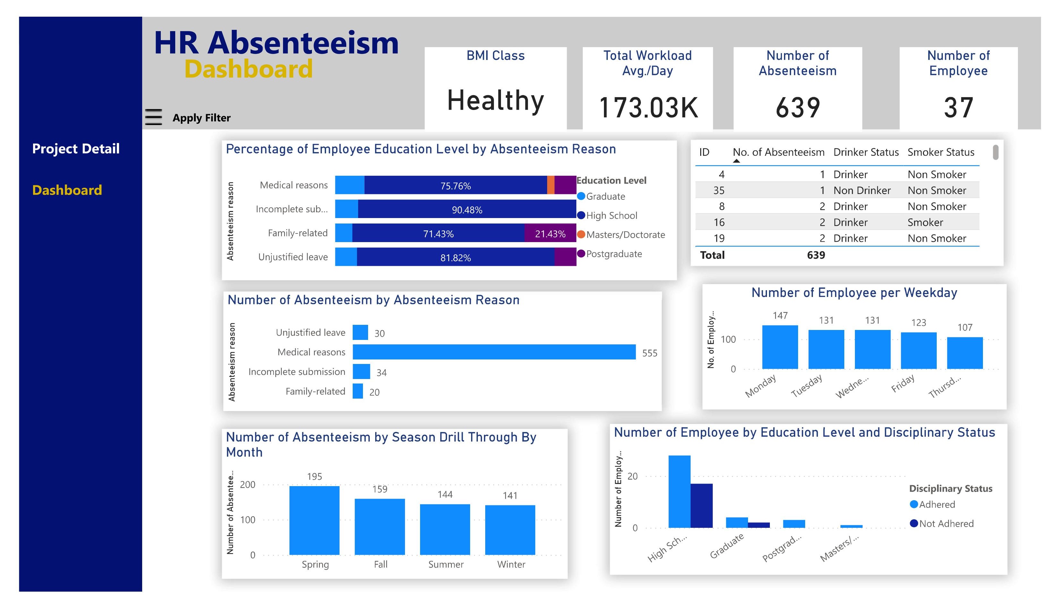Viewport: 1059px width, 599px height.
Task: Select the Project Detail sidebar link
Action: (76, 148)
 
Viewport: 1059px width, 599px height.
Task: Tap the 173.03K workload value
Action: (648, 108)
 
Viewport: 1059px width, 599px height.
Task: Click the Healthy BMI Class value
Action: (495, 100)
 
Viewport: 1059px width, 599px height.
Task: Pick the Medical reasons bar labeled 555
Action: (494, 352)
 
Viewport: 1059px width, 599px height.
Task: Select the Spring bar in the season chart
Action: (314, 520)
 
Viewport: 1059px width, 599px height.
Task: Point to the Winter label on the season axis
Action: (511, 564)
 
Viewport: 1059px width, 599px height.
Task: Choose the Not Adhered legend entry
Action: (946, 524)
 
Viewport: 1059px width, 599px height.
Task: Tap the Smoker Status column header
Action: (941, 152)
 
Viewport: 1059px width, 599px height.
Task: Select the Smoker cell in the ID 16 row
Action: (925, 223)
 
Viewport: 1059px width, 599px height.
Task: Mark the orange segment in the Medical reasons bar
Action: (550, 185)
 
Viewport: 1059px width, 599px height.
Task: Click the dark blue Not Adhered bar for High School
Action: (701, 506)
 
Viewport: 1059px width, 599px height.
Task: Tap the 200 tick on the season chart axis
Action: (247, 485)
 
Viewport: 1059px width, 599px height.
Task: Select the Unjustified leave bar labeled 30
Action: (360, 333)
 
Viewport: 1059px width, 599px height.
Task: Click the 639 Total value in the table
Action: (815, 255)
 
